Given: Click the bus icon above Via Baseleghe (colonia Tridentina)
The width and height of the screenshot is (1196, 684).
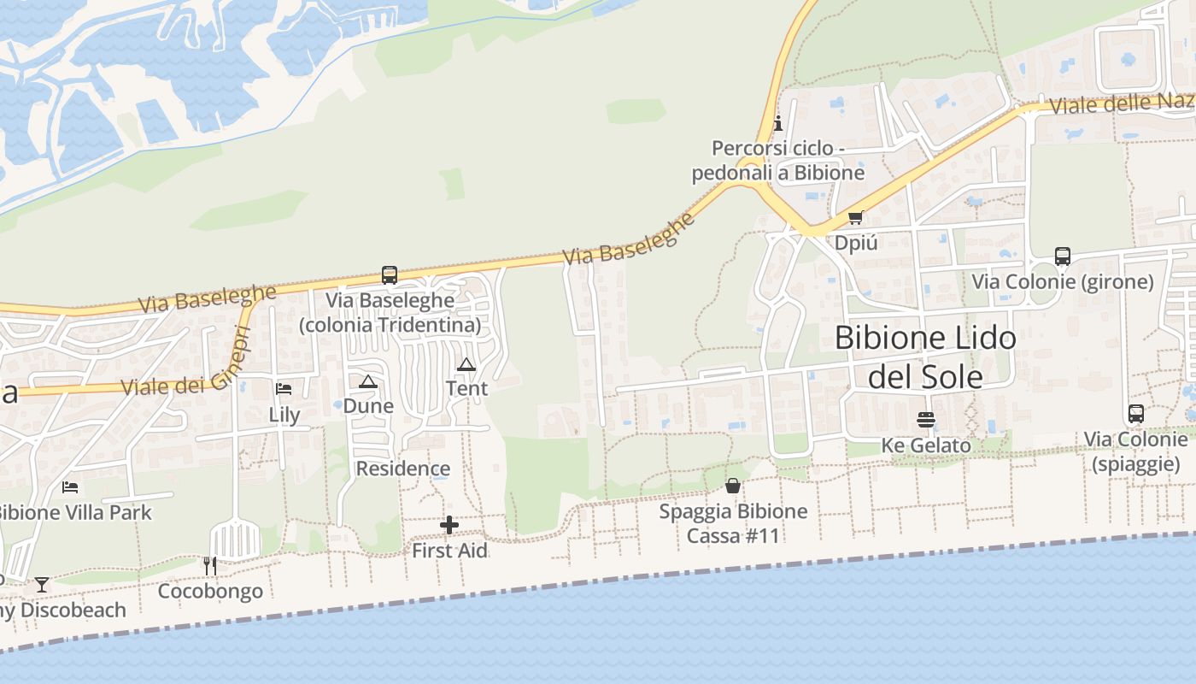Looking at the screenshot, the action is [x=390, y=275].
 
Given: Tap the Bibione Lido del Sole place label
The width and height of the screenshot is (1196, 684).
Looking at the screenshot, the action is [x=925, y=357].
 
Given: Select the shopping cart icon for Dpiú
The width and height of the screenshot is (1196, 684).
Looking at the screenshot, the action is [x=856, y=218].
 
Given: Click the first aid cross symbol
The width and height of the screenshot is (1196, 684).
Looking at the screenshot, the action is [x=449, y=525].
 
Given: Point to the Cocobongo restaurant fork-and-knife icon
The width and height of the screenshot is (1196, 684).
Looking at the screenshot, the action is [x=210, y=565].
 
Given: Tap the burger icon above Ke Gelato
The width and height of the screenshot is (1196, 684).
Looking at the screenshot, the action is [x=926, y=420].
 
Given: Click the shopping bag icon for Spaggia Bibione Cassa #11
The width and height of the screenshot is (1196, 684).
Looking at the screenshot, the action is [x=733, y=486].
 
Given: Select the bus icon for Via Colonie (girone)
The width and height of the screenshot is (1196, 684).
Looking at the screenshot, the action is [x=1063, y=256].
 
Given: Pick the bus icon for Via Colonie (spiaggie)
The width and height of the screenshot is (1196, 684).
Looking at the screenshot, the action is [x=1136, y=414].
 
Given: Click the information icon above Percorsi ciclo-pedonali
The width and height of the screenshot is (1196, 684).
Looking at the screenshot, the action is [x=777, y=123].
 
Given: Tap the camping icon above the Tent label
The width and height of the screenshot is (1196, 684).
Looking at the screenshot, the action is [x=466, y=365].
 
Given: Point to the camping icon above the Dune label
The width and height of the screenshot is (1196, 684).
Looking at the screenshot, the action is [x=368, y=381].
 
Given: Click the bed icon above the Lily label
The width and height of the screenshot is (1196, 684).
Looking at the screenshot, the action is [x=284, y=389].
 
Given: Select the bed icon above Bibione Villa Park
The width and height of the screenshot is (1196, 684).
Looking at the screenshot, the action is [x=71, y=487].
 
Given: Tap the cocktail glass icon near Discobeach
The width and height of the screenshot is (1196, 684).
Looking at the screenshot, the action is [x=41, y=585].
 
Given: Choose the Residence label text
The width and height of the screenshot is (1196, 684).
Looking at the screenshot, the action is [x=403, y=469].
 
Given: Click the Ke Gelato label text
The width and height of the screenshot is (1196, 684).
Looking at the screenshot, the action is [x=926, y=445].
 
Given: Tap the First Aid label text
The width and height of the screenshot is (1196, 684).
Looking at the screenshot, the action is [x=449, y=551].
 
